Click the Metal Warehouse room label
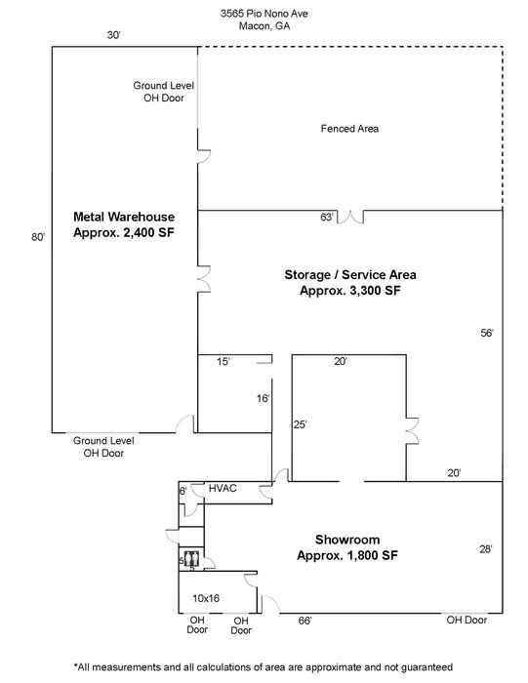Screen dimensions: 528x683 coord(124,224)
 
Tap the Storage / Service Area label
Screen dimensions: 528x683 coord(350,282)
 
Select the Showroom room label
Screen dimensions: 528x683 coord(347,547)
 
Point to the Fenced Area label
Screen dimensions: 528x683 coord(349,129)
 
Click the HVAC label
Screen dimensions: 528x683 coord(223,488)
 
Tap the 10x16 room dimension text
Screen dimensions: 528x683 coord(206,598)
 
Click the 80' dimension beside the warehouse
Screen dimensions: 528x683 coord(38,237)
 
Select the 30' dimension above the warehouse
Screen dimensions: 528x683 coord(114,35)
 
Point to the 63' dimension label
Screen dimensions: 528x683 coord(327,217)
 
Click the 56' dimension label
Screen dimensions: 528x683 coord(487,334)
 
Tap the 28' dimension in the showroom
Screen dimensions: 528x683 coord(486,549)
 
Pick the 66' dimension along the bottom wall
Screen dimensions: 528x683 coord(305,621)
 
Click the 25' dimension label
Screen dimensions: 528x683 coord(300,424)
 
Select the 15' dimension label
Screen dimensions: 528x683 coord(223,362)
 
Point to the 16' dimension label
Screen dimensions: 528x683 coord(263,398)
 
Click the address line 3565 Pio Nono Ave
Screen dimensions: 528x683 coord(264,14)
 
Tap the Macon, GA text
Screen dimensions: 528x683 coord(264,25)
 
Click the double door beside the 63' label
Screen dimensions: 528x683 coord(350,217)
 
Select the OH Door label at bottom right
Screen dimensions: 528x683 coord(467,620)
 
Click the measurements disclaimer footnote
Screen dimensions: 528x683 coord(264,666)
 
